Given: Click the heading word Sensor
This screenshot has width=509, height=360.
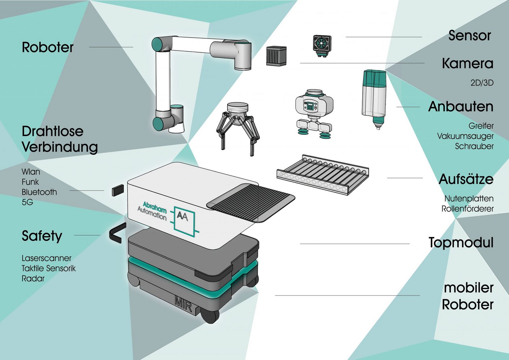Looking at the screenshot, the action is tap(469, 36).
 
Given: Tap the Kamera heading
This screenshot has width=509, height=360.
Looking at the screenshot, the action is tap(468, 63).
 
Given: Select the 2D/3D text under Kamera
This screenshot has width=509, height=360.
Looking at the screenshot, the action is tap(482, 83).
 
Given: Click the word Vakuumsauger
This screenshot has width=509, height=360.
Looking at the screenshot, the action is tap(465, 136).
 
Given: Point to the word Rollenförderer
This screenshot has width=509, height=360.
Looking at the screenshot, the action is tap(467, 209).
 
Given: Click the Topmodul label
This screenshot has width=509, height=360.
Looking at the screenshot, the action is tap(461, 242).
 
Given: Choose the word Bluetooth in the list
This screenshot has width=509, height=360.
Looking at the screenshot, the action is tap(39, 192).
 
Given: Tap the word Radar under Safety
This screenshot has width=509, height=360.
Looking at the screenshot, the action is tap(33, 278).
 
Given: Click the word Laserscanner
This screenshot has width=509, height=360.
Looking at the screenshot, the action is tap(47, 258).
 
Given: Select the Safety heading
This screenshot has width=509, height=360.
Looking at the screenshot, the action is tap(42, 236).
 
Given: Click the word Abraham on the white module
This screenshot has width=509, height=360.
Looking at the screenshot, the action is tap(155, 208).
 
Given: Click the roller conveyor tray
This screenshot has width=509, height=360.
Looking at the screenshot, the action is tap(323, 174).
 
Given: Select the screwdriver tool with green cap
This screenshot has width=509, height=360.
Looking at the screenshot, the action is tap(374, 99).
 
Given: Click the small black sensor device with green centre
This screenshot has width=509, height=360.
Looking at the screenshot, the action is tap(322, 46).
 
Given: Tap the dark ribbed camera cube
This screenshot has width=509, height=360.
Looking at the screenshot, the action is tap(276, 56).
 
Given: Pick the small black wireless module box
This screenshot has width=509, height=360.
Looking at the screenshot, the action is tap(118, 190).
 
